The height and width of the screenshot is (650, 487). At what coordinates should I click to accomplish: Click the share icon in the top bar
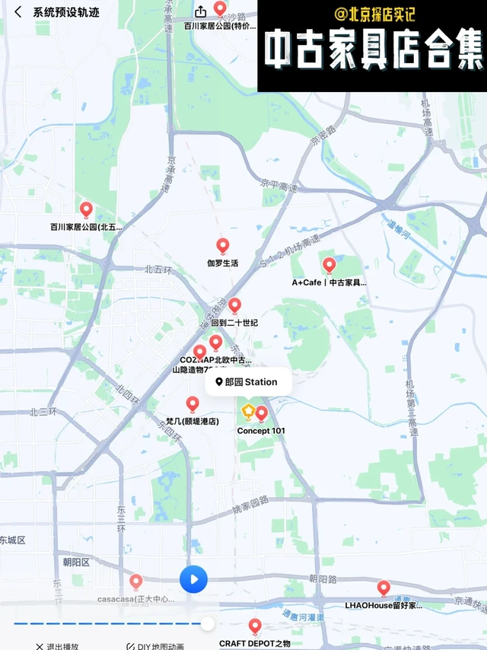click(201, 11)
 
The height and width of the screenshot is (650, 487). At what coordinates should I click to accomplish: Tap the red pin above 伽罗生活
click(222, 245)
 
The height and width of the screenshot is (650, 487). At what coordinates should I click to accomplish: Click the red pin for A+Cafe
click(329, 265)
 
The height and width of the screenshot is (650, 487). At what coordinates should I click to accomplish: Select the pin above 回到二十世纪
click(234, 305)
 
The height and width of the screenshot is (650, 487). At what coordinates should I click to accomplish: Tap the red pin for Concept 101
click(261, 413)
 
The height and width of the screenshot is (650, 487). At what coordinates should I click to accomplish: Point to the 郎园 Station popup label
click(247, 382)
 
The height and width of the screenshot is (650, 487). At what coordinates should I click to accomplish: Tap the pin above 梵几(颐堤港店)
click(193, 403)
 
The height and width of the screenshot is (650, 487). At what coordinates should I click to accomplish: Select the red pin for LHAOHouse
click(384, 588)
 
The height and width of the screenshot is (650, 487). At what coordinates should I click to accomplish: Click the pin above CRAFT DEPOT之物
click(255, 626)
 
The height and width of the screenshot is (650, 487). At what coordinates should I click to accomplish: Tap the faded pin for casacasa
click(136, 581)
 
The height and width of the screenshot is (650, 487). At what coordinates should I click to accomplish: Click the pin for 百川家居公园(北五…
click(86, 209)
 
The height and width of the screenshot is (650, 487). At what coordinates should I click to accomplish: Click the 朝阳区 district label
click(76, 562)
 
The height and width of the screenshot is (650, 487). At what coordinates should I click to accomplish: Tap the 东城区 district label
click(12, 540)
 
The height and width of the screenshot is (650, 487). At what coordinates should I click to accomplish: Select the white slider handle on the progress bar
click(207, 624)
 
